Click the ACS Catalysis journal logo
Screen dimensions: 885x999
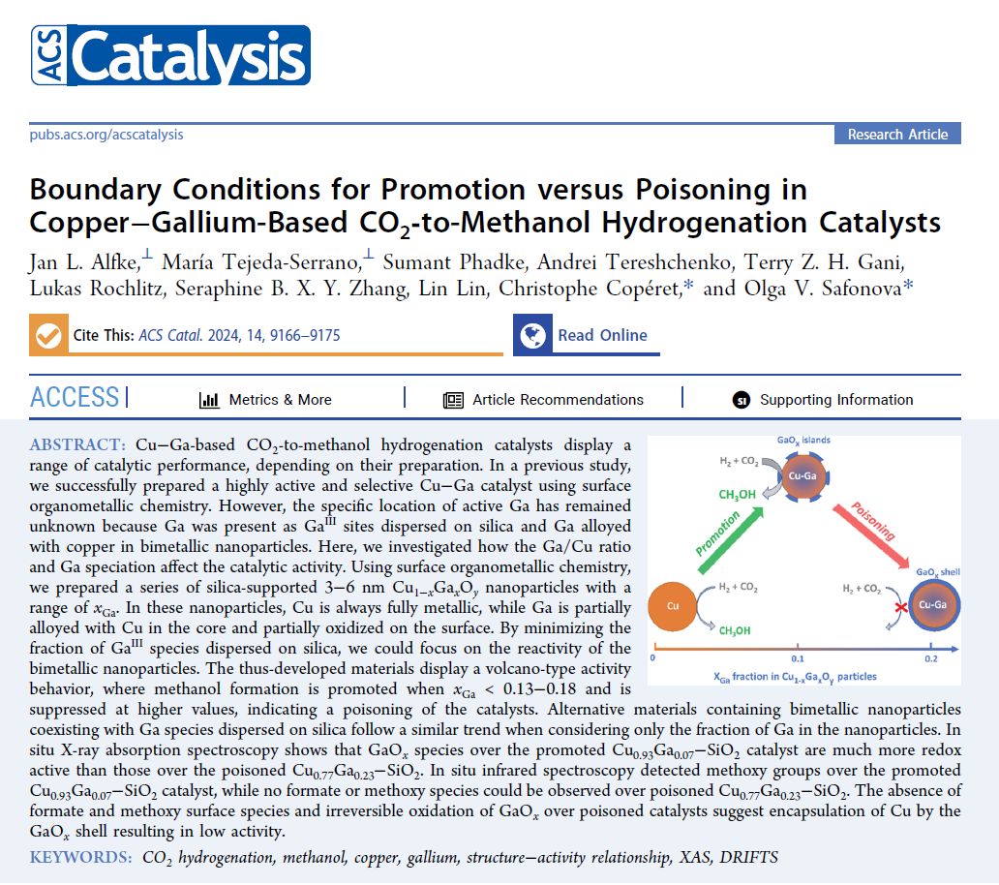pos(169,56)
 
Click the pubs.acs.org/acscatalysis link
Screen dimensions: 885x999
pos(106,135)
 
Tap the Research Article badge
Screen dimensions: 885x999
pos(897,135)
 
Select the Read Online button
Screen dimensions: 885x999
pos(601,336)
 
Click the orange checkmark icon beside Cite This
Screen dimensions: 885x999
pos(46,335)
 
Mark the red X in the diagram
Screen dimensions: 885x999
pos(873,604)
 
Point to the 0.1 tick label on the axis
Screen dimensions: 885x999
pos(798,658)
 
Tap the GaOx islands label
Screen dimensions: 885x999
pos(803,441)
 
